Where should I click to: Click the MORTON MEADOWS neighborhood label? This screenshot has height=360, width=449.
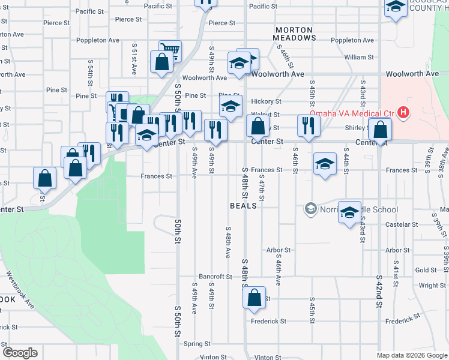click(x=294, y=34)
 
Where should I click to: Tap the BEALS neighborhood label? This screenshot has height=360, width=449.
click(x=243, y=206)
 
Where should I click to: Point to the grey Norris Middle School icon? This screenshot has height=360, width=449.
click(x=310, y=209)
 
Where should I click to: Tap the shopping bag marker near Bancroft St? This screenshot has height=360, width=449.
click(x=255, y=297)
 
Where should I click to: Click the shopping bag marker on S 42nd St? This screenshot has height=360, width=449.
click(x=380, y=129)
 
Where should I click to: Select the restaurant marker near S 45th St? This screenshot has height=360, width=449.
click(x=309, y=126)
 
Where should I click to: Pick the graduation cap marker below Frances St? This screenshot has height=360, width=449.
click(x=325, y=164)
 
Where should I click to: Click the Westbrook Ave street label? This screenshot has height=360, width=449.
click(x=21, y=290)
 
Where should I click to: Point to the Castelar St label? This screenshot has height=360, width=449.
click(x=402, y=224)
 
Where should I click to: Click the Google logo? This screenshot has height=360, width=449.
click(x=19, y=353)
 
